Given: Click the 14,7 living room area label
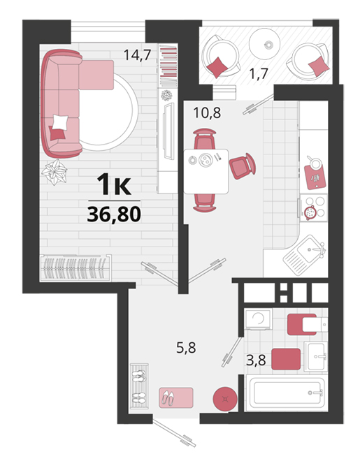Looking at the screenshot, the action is click(x=137, y=55).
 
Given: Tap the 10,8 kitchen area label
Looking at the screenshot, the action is click(x=207, y=112).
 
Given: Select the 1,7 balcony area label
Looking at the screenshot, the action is click(x=259, y=73).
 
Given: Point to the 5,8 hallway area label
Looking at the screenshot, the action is click(x=186, y=348).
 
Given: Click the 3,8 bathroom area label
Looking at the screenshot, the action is click(x=256, y=360).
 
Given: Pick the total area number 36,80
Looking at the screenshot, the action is click(x=114, y=214).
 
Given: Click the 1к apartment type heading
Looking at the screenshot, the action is click(x=114, y=185).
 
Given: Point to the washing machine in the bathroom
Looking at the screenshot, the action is click(x=259, y=319).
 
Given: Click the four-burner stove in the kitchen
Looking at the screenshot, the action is click(x=314, y=207).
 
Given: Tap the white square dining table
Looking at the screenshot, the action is click(x=206, y=172).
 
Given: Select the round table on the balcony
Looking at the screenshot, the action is click(x=264, y=44).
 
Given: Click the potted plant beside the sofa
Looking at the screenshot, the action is click(x=55, y=173).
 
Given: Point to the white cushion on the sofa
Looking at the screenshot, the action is click(x=60, y=122).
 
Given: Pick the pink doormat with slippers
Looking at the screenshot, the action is click(x=176, y=397).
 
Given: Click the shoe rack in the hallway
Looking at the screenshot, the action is click(x=139, y=386).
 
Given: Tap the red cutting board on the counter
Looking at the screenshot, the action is click(x=315, y=177).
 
